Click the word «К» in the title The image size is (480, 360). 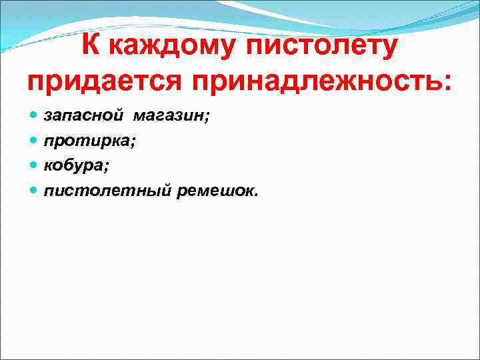tap(93, 47)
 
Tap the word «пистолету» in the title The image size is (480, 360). tap(324, 48)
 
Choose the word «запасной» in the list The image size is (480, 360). tap(83, 116)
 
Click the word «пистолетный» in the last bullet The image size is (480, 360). tap(108, 191)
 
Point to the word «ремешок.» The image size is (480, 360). tap(217, 191)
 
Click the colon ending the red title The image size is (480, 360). tap(447, 85)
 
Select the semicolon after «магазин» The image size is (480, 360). tap(207, 119)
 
